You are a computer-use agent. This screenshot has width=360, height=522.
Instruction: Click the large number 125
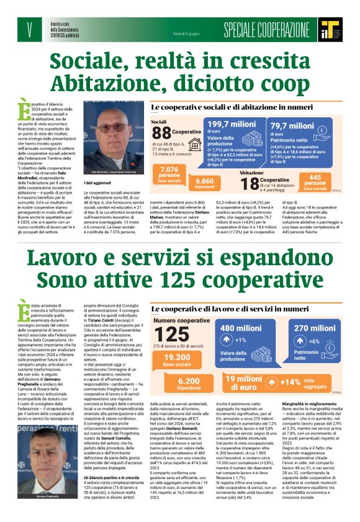tap(173, 334)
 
